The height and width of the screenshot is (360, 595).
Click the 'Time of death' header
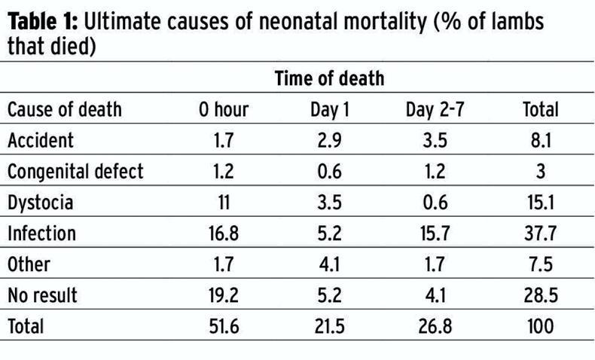329,78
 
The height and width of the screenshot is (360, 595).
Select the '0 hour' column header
224,110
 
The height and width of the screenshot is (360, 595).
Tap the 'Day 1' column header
330,110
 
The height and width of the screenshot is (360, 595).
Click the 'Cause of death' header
65,110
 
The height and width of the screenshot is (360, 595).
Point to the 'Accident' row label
41,140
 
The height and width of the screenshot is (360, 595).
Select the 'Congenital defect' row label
75,172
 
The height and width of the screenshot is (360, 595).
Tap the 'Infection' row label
42,233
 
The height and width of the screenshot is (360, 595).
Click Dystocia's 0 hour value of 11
224,203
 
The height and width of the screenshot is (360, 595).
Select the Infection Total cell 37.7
541,233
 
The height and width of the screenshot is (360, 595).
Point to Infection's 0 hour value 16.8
224,233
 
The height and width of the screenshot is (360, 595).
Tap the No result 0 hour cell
224,295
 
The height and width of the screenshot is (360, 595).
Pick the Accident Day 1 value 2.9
330,140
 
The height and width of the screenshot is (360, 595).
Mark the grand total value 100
541,326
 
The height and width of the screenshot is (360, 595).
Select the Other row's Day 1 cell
330,264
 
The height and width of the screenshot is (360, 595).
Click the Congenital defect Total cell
541,172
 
